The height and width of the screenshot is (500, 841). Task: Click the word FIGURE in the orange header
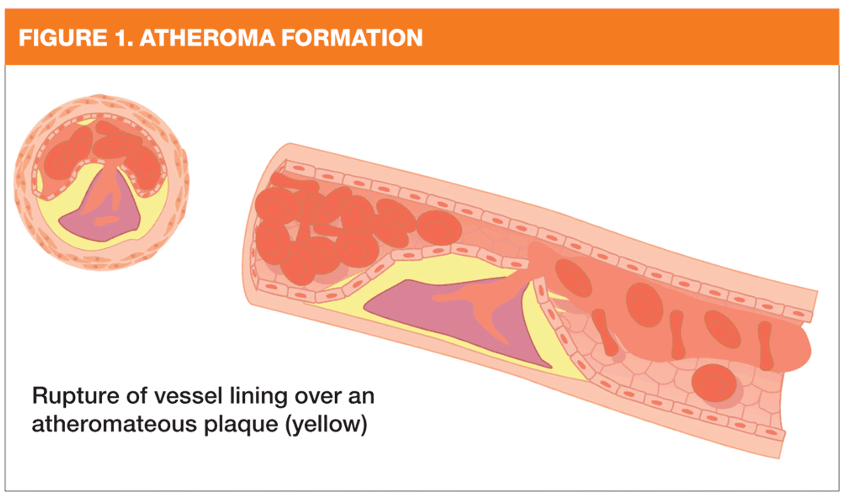pyautogui.click(x=63, y=38)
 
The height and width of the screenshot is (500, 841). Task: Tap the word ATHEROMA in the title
pyautogui.click(x=207, y=38)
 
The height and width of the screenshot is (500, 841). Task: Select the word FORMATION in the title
pyautogui.click(x=352, y=38)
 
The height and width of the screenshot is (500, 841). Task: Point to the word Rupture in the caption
pyautogui.click(x=76, y=397)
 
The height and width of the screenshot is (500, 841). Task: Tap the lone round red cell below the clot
pyautogui.click(x=714, y=383)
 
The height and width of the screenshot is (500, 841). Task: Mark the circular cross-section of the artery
pyautogui.click(x=102, y=182)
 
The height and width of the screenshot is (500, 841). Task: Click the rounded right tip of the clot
pyautogui.click(x=806, y=350)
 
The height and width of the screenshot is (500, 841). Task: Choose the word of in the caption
pyautogui.click(x=137, y=396)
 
